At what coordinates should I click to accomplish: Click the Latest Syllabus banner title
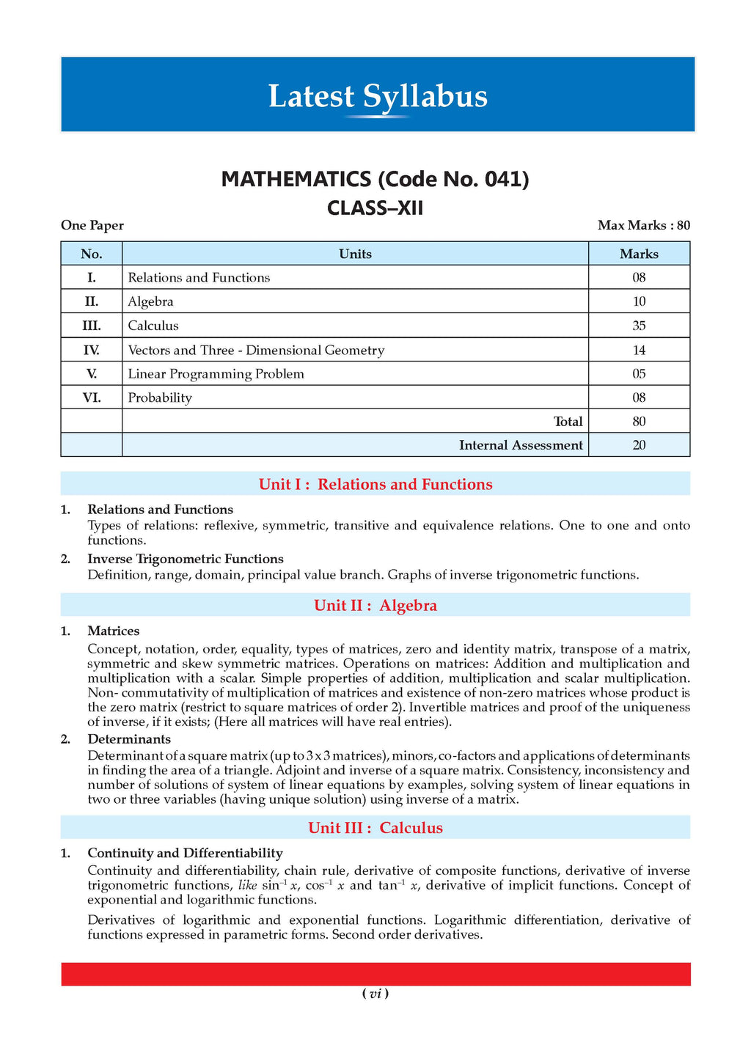point(377,97)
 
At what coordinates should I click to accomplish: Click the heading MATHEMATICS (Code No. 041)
point(375,180)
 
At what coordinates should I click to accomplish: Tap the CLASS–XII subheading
point(375,208)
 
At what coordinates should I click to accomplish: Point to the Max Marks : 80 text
point(643,225)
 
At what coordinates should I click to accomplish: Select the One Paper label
point(92,225)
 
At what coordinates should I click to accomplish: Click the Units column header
point(355,254)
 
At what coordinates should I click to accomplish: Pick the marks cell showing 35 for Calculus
point(639,326)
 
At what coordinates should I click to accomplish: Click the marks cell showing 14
point(639,350)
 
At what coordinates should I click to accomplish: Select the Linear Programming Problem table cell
point(216,374)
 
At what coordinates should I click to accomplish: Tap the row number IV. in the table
point(92,350)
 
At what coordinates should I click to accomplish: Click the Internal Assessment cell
point(521,445)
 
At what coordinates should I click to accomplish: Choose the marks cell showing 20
point(639,445)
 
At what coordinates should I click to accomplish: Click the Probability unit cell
point(160,397)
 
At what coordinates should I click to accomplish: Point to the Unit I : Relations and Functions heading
point(375,484)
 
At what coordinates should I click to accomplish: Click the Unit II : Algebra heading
point(375,605)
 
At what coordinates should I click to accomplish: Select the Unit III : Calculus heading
point(375,828)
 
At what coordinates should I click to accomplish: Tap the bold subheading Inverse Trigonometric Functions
point(185,559)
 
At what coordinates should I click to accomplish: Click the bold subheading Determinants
point(129,739)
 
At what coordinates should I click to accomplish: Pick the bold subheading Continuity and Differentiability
point(185,853)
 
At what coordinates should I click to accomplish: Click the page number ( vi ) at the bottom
point(375,994)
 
